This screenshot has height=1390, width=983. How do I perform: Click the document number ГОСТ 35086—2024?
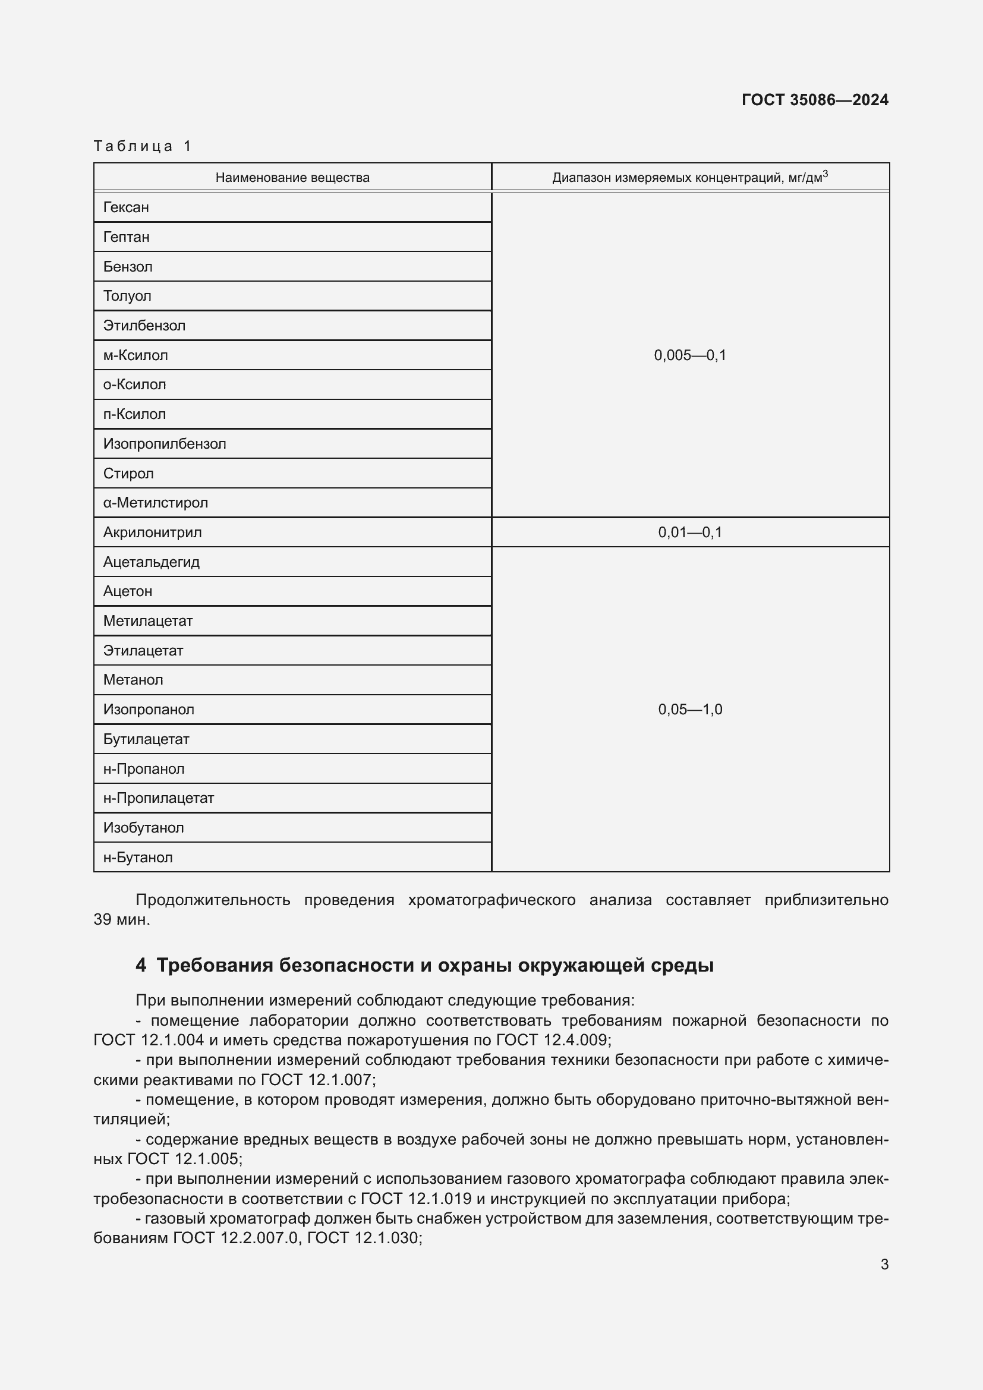pos(815,100)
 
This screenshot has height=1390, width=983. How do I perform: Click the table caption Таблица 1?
pos(142,146)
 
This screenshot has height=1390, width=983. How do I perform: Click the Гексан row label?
pos(126,207)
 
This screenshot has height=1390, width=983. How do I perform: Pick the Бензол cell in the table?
pos(128,267)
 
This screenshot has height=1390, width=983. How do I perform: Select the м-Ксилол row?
pos(136,355)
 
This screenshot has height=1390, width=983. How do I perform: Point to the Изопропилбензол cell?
pos(165,444)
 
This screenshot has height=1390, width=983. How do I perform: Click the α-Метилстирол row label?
pos(156,503)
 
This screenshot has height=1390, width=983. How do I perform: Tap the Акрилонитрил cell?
pos(153,532)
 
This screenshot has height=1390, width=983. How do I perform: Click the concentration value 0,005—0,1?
pos(690,355)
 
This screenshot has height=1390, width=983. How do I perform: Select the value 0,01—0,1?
pos(690,532)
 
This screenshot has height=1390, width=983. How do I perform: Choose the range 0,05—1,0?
pos(690,710)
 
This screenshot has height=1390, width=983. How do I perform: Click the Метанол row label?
pos(133,680)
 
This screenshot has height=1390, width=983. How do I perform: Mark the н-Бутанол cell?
pos(138,858)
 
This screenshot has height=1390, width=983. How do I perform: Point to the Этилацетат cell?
pos(143,651)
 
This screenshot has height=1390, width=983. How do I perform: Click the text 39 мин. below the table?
pos(122,919)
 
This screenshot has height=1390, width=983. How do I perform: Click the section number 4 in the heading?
pos(140,965)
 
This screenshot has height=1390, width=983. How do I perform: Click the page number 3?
pos(884,1264)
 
